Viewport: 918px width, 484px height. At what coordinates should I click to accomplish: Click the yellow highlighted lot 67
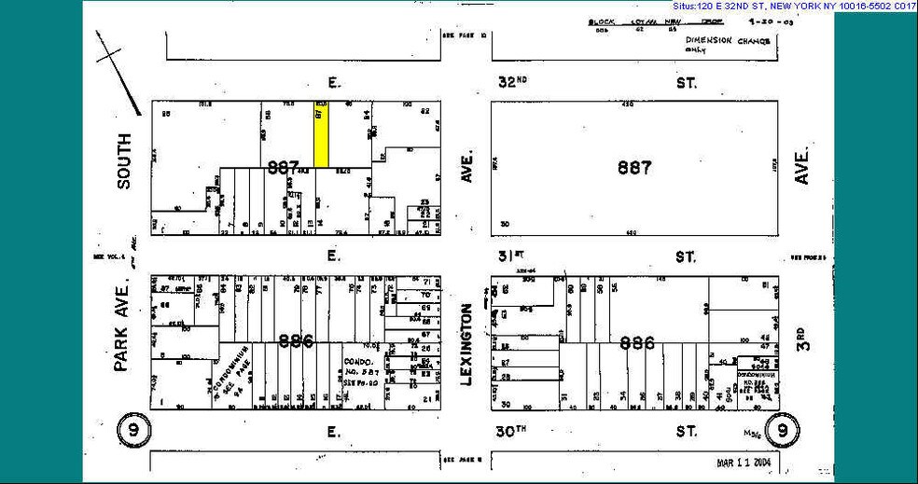(322, 135)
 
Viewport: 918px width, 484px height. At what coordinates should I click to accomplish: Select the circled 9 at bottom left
(132, 430)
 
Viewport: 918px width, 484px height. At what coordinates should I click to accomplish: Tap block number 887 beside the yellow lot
(283, 168)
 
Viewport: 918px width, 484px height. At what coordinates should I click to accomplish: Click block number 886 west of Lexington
(295, 341)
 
